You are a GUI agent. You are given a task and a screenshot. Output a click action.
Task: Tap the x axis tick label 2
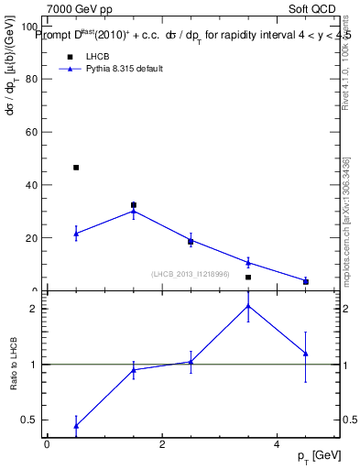point(161,444)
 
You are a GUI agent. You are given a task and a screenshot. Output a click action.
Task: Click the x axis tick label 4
point(277,444)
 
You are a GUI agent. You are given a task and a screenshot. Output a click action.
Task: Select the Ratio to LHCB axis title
point(14,365)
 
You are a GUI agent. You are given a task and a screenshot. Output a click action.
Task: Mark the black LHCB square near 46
point(76,168)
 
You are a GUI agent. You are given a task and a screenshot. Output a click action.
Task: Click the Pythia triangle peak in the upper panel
point(134,211)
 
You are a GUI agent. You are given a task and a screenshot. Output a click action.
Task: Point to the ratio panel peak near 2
point(248,305)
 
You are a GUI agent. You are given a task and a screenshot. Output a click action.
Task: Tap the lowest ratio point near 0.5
point(76,426)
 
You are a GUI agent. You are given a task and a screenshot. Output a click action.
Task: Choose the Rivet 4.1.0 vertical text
point(346,64)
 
